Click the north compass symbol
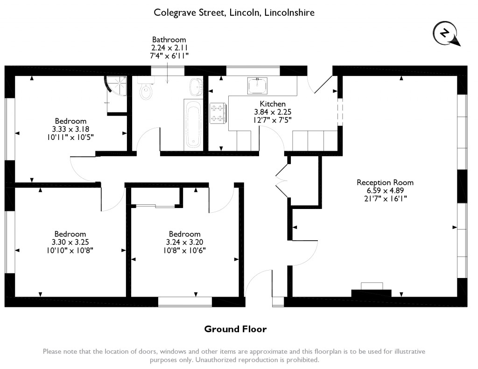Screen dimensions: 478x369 click(445, 34)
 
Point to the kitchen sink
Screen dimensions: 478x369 click(257, 86)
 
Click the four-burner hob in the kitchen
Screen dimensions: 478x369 click(218, 113)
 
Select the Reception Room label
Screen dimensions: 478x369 click(385, 182)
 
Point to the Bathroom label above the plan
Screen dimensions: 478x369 click(169, 40)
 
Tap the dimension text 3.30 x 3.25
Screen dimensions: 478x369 click(70, 242)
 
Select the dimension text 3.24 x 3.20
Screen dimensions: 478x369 click(185, 242)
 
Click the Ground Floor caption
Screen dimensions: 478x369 click(235, 329)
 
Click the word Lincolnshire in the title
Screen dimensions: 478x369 click(289, 13)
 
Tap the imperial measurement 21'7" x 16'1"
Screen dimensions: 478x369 click(385, 198)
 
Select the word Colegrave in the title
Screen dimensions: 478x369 click(174, 13)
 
